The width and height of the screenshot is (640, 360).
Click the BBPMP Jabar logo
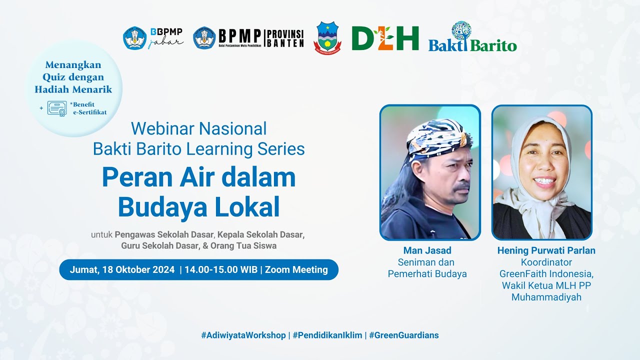pyautogui.click(x=153, y=38)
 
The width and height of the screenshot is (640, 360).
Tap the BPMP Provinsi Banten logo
pyautogui.click(x=248, y=38)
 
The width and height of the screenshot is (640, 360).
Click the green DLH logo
pyautogui.click(x=385, y=38)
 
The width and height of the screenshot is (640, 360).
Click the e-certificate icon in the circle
pyautogui.click(x=57, y=108)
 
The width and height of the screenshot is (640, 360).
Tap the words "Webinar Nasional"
pyautogui.click(x=198, y=128)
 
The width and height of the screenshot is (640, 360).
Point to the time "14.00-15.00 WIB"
pyautogui.click(x=220, y=270)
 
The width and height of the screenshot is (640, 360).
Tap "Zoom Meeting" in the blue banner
pyautogui.click(x=296, y=270)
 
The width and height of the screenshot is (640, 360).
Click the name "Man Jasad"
pyautogui.click(x=427, y=250)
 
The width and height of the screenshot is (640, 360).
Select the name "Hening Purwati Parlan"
pyautogui.click(x=546, y=250)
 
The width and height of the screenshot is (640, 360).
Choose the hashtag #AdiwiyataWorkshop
pyautogui.click(x=243, y=335)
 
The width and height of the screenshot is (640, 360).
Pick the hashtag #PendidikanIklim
pyautogui.click(x=327, y=335)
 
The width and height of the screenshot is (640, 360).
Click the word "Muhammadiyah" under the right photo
pyautogui.click(x=546, y=297)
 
